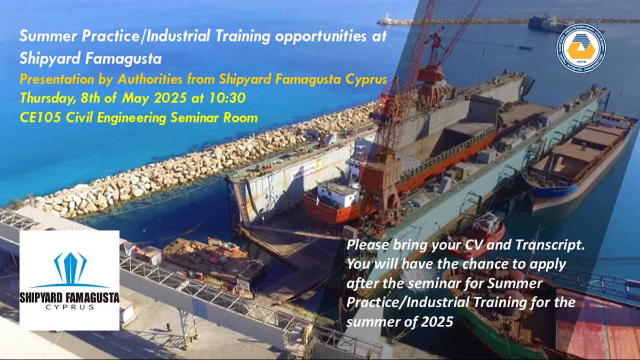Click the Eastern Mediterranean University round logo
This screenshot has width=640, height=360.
point(581,47)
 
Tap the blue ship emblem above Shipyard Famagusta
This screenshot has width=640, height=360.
point(70,269)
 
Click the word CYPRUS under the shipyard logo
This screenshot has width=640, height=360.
point(70,307)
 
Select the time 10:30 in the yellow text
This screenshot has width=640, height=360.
point(227,98)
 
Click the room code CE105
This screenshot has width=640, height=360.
point(41,118)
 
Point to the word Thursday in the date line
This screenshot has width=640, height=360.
point(49,99)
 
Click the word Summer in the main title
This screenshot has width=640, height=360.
point(49,36)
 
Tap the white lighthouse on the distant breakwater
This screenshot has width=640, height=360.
point(387,17)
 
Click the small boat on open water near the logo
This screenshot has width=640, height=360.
point(525,47)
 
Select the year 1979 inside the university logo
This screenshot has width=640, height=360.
point(581,62)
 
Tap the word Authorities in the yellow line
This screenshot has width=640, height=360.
point(150,79)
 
